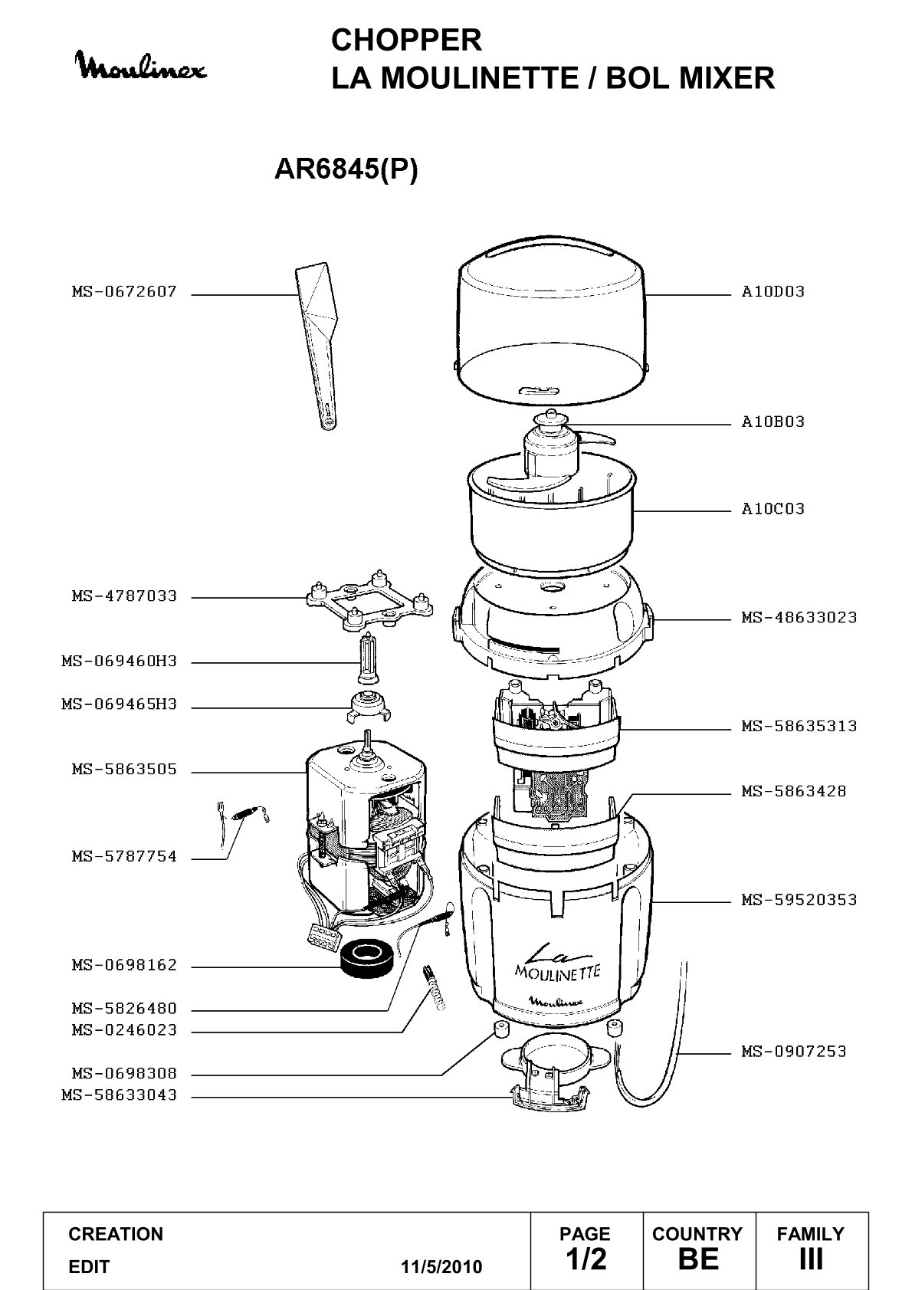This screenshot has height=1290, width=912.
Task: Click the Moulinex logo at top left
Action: click(143, 67)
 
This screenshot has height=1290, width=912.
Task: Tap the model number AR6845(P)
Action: click(346, 169)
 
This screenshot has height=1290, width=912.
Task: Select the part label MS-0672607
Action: click(124, 292)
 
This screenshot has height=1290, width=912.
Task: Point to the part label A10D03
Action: click(773, 292)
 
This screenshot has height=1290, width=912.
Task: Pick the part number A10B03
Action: click(773, 422)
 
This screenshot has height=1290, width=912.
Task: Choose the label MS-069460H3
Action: click(120, 661)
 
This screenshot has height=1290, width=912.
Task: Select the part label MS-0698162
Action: click(124, 965)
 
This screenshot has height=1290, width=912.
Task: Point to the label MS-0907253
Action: click(794, 1052)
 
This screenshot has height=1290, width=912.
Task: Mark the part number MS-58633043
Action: click(120, 1095)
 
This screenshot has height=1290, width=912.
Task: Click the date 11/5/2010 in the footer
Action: click(441, 1267)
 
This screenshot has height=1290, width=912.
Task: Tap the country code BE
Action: click(698, 1259)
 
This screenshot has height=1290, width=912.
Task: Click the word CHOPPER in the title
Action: click(406, 41)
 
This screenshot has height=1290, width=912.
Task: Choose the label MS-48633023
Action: click(799, 618)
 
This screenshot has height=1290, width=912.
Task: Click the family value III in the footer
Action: click(811, 1259)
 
